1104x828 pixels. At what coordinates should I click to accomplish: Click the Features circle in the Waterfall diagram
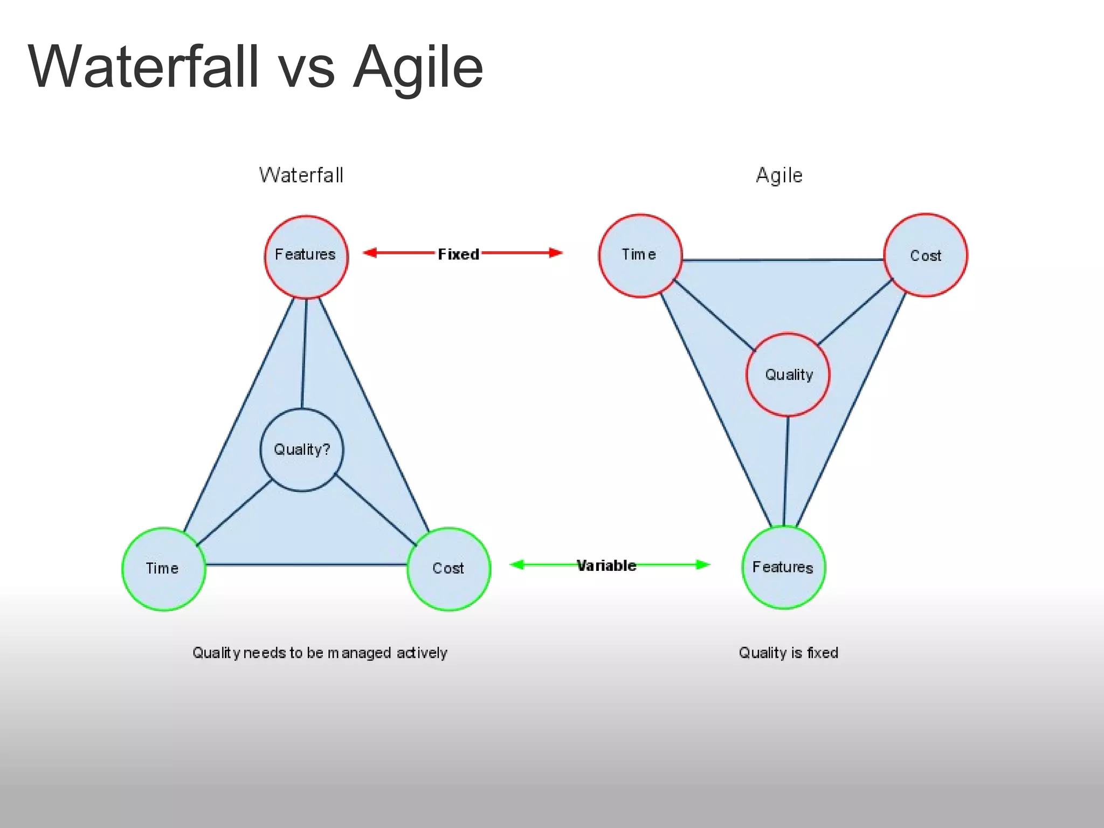click(306, 257)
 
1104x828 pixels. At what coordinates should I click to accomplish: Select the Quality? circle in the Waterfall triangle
click(302, 450)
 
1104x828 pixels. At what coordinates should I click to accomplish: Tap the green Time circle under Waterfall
click(164, 569)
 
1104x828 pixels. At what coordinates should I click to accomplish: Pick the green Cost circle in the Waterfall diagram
click(448, 569)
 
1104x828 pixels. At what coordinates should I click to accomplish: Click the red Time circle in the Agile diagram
click(640, 256)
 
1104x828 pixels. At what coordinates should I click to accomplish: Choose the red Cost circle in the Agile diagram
click(926, 256)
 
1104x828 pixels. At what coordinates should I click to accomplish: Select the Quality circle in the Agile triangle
click(788, 375)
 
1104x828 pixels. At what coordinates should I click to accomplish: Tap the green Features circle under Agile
click(784, 568)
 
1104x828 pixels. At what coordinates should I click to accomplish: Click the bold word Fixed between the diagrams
click(458, 254)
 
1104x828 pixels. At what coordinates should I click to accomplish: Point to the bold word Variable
click(606, 565)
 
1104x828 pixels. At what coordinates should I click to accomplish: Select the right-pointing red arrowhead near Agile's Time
click(556, 252)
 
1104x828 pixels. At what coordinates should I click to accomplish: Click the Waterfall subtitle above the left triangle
click(301, 175)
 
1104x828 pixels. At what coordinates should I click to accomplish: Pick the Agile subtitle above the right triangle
click(779, 175)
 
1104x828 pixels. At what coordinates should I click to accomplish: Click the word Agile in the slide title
click(418, 67)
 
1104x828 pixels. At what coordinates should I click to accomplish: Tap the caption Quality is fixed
click(788, 653)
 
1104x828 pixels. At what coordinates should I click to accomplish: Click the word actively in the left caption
click(422, 653)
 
